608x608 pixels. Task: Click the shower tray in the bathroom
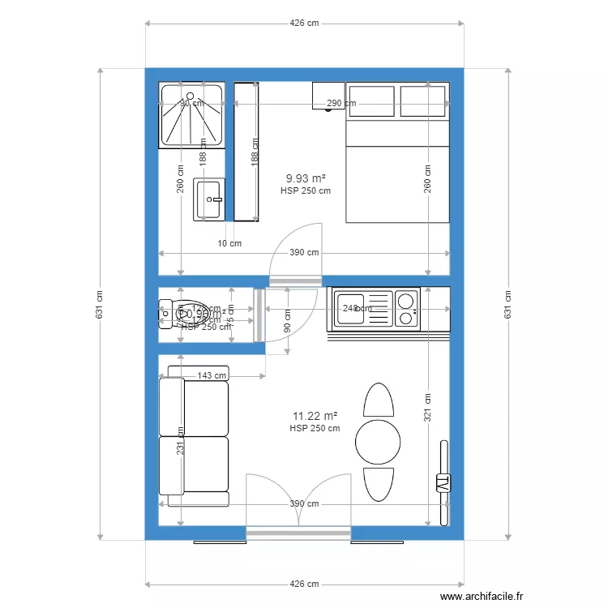click(193, 115)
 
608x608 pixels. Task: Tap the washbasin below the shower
click(209, 199)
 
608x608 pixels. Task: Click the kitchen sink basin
click(353, 309)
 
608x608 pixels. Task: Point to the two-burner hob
click(406, 309)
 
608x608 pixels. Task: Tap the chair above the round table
click(378, 400)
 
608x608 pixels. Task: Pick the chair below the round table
click(378, 484)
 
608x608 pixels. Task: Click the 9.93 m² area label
click(306, 178)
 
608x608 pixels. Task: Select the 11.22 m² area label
click(315, 415)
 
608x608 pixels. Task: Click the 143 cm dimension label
click(212, 375)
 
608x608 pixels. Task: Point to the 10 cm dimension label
click(230, 243)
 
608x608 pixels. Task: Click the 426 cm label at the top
click(304, 24)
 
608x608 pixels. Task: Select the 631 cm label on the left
click(100, 304)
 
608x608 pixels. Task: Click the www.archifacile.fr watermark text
click(482, 597)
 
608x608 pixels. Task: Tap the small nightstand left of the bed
click(328, 95)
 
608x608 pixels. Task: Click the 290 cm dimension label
click(341, 104)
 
